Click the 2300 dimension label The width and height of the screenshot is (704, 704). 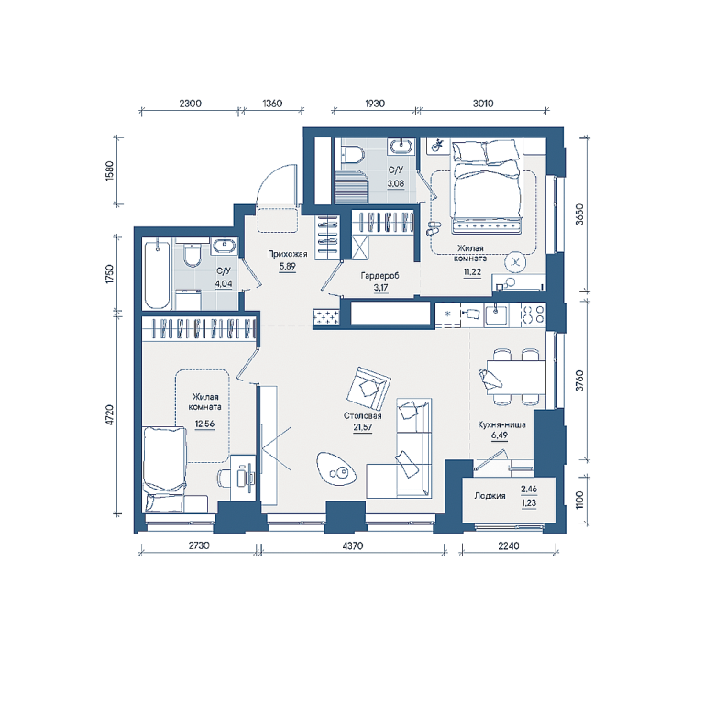coord(191,104)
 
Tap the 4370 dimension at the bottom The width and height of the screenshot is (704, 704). coord(352,546)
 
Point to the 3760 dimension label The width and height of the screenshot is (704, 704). coord(579,380)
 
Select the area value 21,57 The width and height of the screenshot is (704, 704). coord(362,427)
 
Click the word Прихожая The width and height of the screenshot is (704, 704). coord(287,254)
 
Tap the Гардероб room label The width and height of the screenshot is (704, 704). coord(379,276)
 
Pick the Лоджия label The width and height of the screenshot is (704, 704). coord(489,496)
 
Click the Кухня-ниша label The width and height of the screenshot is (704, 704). coord(501,424)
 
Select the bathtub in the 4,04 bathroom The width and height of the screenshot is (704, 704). coord(157,275)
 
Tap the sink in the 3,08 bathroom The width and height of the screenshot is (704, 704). coord(401,147)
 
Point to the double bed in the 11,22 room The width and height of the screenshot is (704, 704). coord(487,187)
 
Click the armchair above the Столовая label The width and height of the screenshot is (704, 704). coord(368,388)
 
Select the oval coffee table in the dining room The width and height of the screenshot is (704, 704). coord(336,468)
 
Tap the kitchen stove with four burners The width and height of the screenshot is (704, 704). coord(533,313)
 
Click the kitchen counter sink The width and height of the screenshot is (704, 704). coord(496,313)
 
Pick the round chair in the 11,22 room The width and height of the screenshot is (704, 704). coord(515,263)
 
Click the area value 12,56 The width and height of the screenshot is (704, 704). coord(204,423)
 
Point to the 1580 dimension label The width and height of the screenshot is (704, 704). coord(110,170)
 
